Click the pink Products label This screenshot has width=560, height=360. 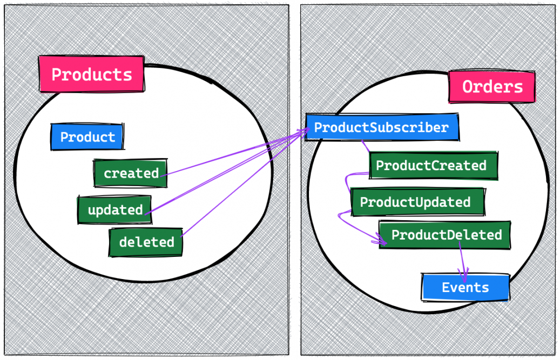pos(91,74)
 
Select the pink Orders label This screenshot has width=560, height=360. pos(492,87)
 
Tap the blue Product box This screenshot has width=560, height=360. pos(87,137)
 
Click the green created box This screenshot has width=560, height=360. pos(130,173)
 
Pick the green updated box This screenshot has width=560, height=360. pos(114,210)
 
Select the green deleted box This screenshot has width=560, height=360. pos(146,242)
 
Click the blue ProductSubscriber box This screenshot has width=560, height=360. pos(382,128)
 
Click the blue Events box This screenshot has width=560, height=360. pos(465,288)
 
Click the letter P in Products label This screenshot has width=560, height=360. pos(56,74)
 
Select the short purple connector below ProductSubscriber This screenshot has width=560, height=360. pos(366,146)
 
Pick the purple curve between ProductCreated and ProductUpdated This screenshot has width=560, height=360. pos(347,184)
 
